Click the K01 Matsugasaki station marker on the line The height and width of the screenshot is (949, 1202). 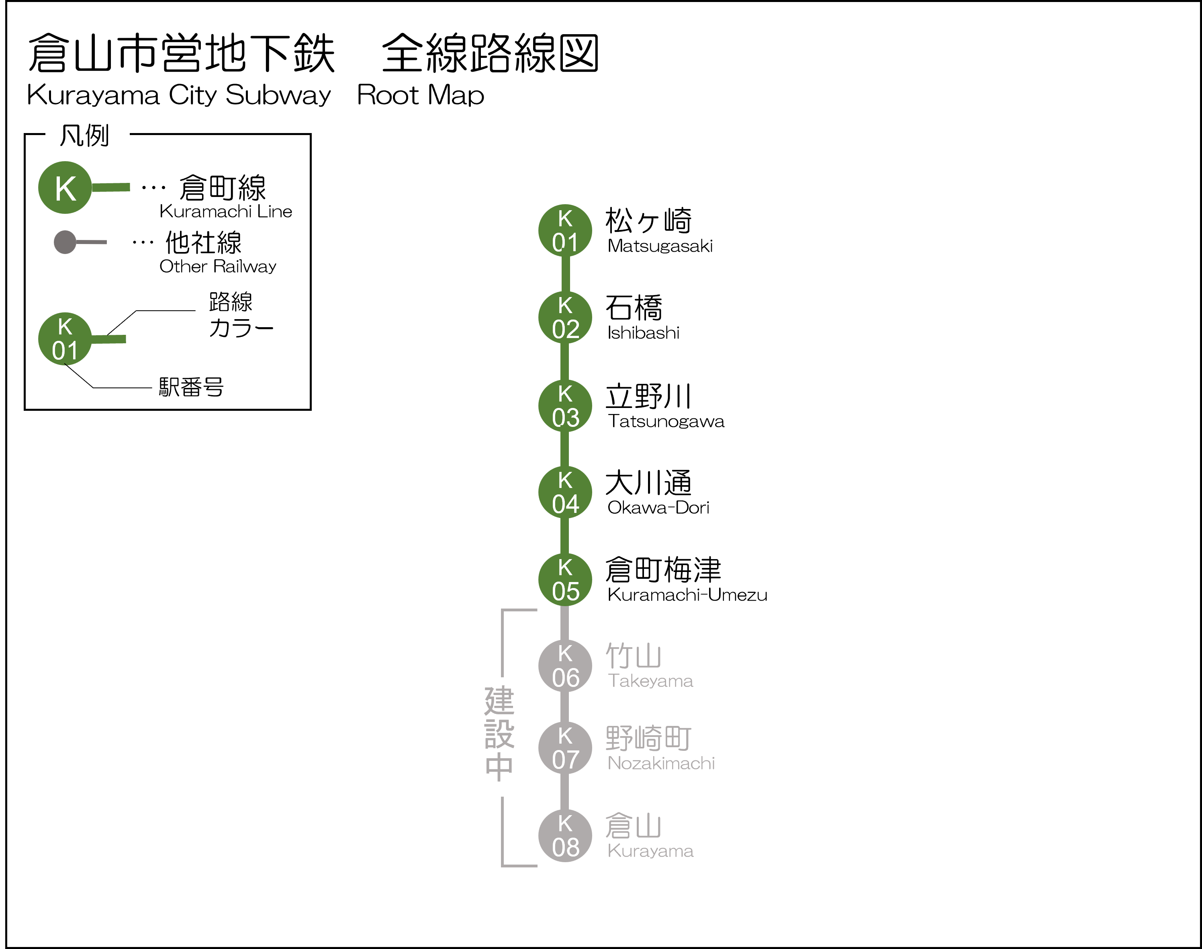pos(564,231)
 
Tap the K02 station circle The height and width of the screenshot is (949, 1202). pos(564,317)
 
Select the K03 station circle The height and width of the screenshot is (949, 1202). pos(564,406)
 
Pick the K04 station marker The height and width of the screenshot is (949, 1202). pos(564,492)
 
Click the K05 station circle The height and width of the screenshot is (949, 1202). pos(564,580)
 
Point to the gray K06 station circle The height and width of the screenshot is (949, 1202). pos(564,666)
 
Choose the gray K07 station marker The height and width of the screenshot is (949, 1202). pos(564,748)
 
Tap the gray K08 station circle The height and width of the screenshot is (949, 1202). pos(564,836)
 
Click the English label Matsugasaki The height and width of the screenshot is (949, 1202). pos(660,246)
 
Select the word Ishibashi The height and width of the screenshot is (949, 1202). pos(643,333)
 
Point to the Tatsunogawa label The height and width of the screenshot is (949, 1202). pos(666,421)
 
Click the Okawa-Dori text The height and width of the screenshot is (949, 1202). pos(658,507)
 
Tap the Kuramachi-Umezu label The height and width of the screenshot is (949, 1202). pos(687,595)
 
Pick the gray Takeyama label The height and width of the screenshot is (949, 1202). pos(650,681)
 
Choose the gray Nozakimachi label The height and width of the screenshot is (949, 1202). pos(661,763)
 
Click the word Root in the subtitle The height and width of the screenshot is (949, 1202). pos(387,95)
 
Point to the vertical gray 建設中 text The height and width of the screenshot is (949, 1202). pos(499,734)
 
